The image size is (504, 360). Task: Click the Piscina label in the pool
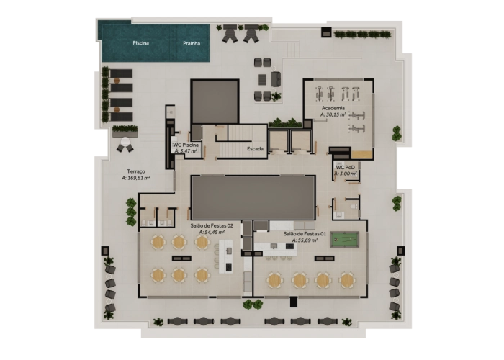(x=141, y=43)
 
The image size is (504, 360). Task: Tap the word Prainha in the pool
(x=192, y=43)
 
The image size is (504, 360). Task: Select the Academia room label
(x=333, y=108)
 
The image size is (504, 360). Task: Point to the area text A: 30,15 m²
(x=333, y=114)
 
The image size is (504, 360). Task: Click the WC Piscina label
(x=185, y=145)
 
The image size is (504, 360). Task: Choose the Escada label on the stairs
(x=255, y=149)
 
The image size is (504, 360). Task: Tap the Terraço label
(x=135, y=171)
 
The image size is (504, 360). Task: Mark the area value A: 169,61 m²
(x=135, y=178)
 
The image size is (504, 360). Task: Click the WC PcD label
(x=346, y=167)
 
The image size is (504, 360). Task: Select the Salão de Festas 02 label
(x=212, y=225)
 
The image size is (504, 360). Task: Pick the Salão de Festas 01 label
(x=305, y=233)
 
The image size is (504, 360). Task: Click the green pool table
(x=344, y=239)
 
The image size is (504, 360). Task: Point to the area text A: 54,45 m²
(x=212, y=232)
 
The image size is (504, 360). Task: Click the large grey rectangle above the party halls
(x=253, y=197)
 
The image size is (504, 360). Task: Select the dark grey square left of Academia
(x=215, y=102)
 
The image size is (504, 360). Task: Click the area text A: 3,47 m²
(x=185, y=151)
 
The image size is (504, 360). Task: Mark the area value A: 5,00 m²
(x=346, y=174)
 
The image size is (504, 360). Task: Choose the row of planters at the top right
(x=362, y=34)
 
